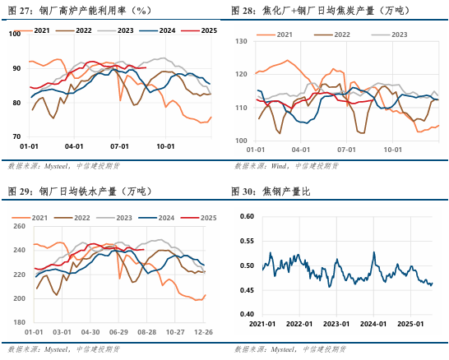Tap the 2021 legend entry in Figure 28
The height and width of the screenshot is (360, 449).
[x=280, y=35]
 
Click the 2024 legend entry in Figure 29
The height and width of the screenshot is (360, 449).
[x=159, y=218]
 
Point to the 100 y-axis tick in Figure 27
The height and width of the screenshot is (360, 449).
[x=15, y=35]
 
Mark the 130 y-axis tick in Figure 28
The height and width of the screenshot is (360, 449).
[x=239, y=40]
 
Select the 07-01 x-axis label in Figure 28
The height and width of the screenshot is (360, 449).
[x=345, y=150]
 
